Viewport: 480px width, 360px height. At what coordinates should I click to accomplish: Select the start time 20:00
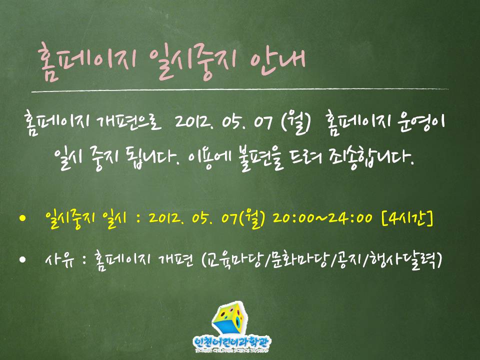[x=293, y=218]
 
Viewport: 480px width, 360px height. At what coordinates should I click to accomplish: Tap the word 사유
[x=59, y=259]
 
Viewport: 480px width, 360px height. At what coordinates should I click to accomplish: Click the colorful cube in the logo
[x=228, y=319]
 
